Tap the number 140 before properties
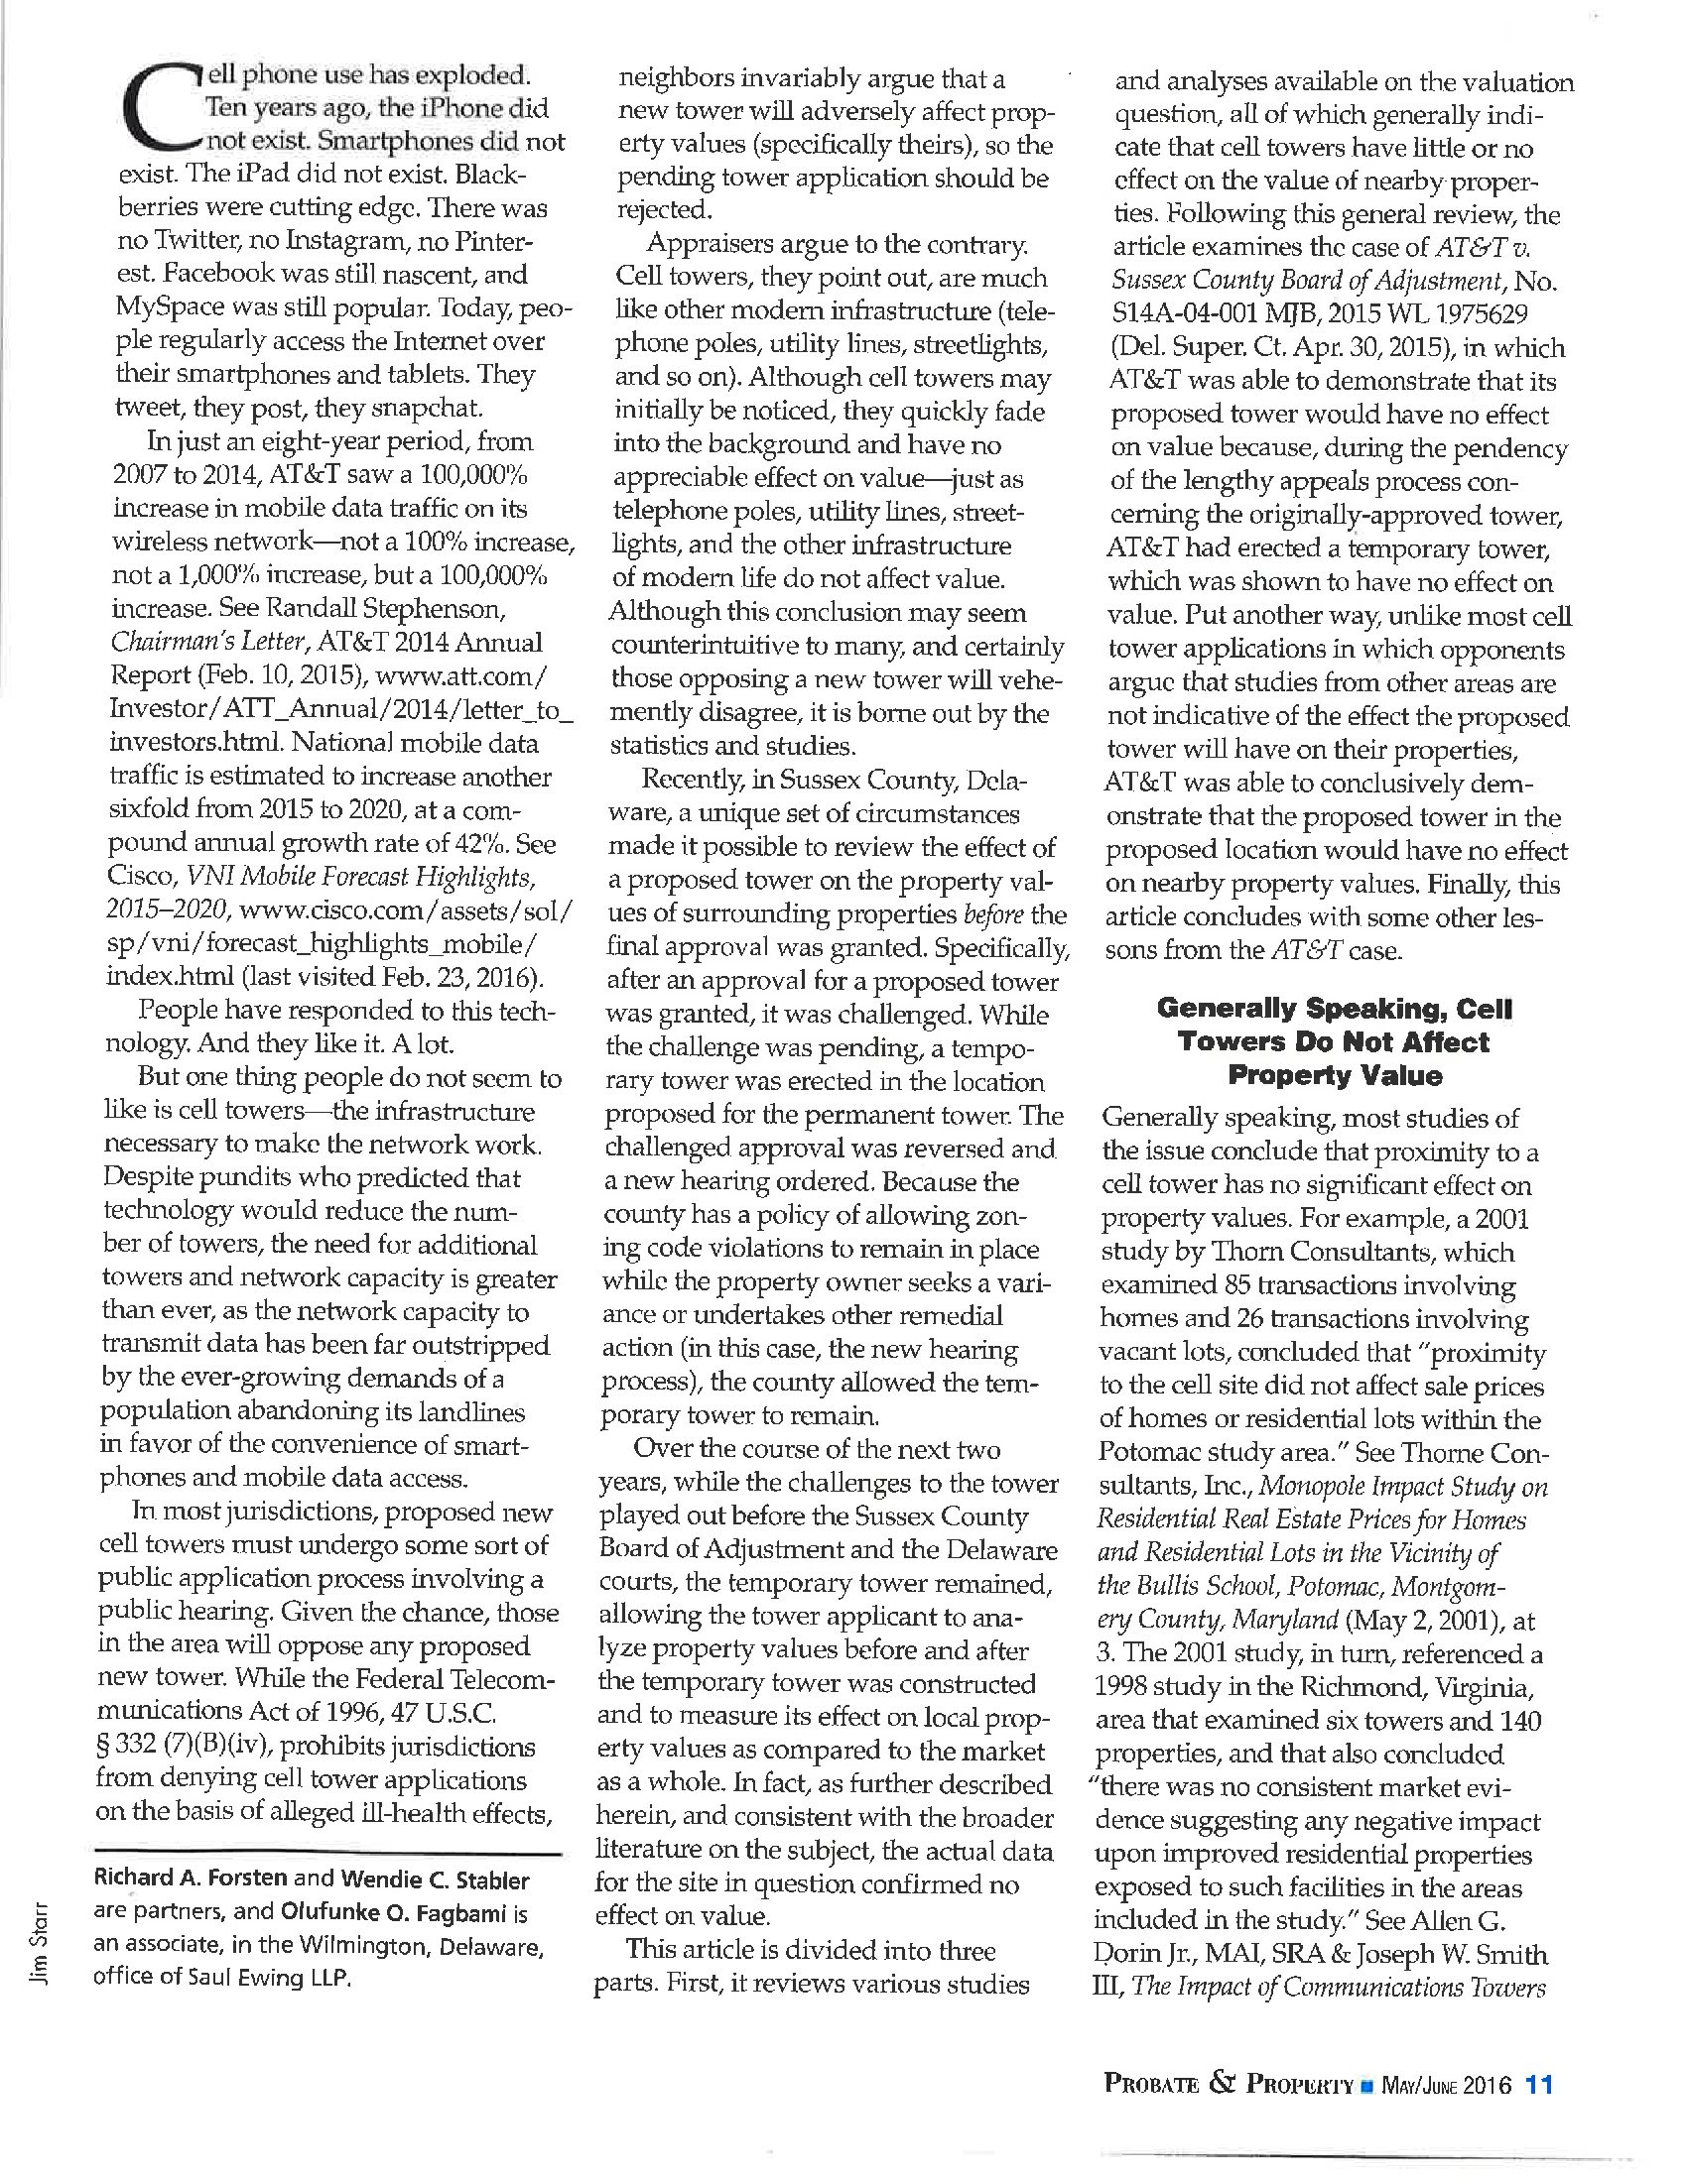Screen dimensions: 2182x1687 (1519, 1720)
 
